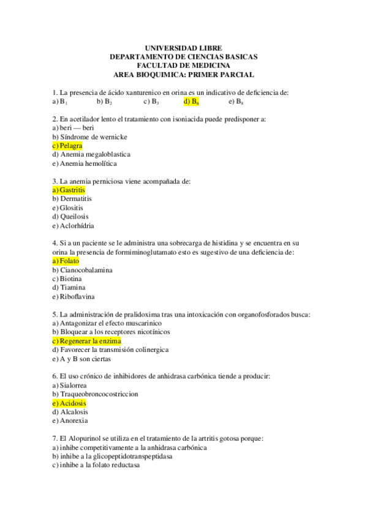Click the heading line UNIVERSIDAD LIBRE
point(183,48)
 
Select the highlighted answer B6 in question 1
point(191,102)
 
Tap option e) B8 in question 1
point(236,102)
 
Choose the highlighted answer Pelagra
point(67,146)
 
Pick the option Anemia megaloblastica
point(91,155)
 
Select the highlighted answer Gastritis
point(69,190)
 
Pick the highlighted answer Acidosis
point(69,403)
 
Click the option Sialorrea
point(69,386)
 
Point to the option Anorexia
point(70,421)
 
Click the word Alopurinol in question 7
point(90,439)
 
